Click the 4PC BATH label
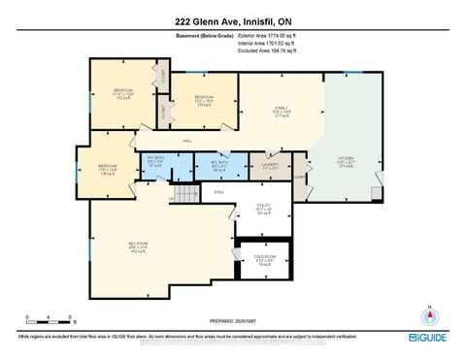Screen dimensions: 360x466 click(x=219, y=166)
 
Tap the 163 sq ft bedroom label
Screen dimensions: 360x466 click(x=122, y=92)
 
